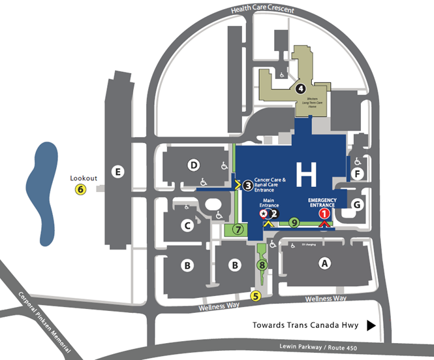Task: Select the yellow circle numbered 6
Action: pyautogui.click(x=80, y=189)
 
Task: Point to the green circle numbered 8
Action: pyautogui.click(x=262, y=265)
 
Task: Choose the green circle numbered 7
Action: pyautogui.click(x=239, y=229)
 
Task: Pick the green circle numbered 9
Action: pyautogui.click(x=294, y=223)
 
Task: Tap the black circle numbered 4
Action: pyautogui.click(x=301, y=88)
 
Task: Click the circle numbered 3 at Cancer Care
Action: pyautogui.click(x=248, y=186)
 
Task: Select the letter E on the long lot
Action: pyautogui.click(x=117, y=172)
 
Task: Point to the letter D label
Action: pyautogui.click(x=193, y=165)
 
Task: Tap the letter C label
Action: pyautogui.click(x=188, y=226)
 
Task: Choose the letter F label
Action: pyautogui.click(x=357, y=173)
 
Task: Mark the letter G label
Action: pyautogui.click(x=356, y=204)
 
